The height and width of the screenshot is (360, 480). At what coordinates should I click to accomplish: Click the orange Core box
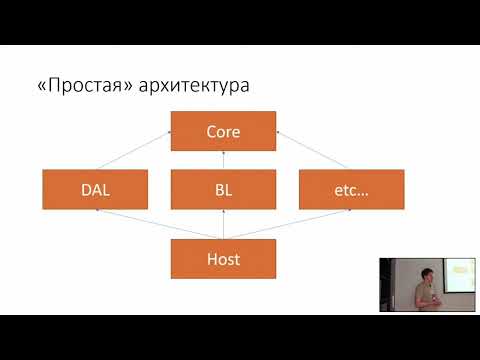(x=223, y=131)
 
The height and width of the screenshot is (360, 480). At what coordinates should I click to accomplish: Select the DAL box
(x=94, y=189)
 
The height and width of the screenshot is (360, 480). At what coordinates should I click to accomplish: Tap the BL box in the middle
(x=223, y=189)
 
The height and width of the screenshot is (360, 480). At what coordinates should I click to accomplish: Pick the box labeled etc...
(x=351, y=189)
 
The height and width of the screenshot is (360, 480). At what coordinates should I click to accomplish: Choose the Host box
(x=223, y=259)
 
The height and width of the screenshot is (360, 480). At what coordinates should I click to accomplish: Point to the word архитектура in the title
(x=193, y=86)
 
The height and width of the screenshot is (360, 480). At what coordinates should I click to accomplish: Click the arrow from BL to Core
(x=223, y=160)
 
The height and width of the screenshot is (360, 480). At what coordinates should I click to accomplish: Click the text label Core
(x=223, y=131)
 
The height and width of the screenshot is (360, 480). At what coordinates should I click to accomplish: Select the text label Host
(x=223, y=259)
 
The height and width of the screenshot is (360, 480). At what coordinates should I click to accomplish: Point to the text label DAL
(x=94, y=189)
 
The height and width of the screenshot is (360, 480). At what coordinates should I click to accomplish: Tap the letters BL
(x=223, y=189)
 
